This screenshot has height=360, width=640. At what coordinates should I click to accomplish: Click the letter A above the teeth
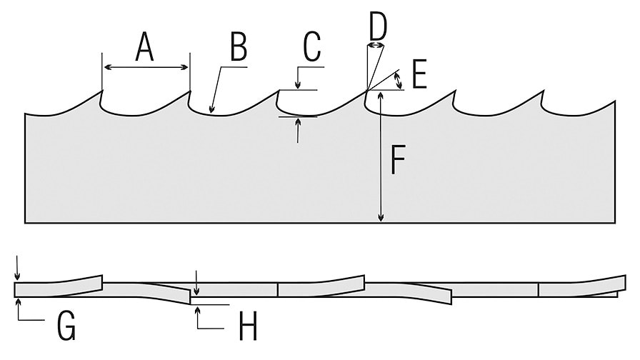pos(144,48)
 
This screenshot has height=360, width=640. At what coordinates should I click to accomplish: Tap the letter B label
pos(238,48)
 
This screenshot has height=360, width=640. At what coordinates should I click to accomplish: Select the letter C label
pos(311,48)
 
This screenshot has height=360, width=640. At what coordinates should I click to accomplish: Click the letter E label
pos(419,75)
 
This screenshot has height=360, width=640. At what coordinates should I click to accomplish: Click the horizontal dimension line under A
pos(146,67)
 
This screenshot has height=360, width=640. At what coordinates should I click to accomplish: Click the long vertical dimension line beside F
pos(381,157)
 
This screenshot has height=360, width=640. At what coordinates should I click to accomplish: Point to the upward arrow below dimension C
pos(298,122)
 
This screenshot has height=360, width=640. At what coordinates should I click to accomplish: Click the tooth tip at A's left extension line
pos(103,91)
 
